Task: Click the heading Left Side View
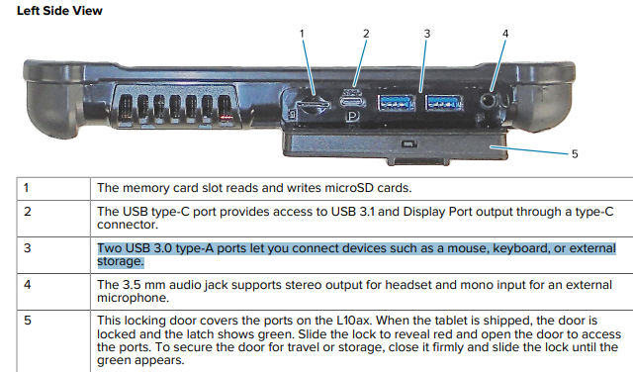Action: pos(59,11)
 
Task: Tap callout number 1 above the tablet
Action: pos(302,34)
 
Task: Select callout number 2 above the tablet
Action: pos(366,34)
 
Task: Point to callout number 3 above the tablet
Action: pos(427,34)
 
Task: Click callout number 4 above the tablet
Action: pos(505,34)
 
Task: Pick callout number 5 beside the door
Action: pos(575,154)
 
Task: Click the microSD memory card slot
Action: pos(313,105)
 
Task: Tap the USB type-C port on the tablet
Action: pos(352,101)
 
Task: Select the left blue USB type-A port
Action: pos(396,103)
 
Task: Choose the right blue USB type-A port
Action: pos(444,103)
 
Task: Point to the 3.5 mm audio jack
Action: pos(488,100)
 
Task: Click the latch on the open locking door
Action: pos(408,143)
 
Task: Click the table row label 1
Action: pos(27,188)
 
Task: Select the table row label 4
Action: pos(27,285)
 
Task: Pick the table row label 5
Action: pos(27,321)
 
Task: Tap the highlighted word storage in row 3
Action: pos(121,261)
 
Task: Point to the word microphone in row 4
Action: pos(133,298)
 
